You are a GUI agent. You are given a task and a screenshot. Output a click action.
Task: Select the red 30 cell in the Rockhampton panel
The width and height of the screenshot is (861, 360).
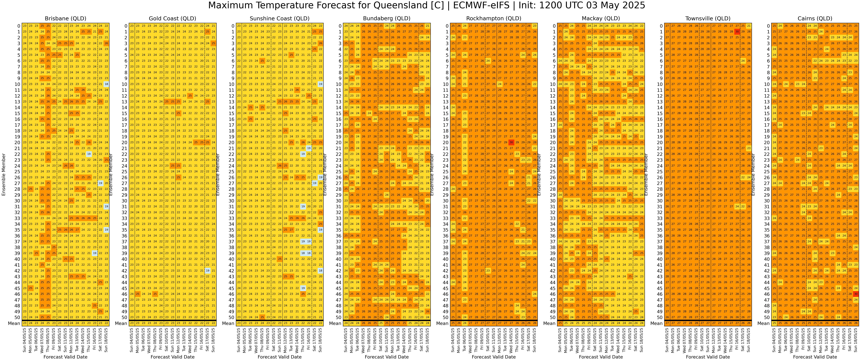click(511, 142)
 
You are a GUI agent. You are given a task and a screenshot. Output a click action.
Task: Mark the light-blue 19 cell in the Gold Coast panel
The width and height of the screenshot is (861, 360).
click(208, 271)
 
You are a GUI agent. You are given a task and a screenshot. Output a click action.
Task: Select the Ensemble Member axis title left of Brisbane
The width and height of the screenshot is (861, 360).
click(4, 175)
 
